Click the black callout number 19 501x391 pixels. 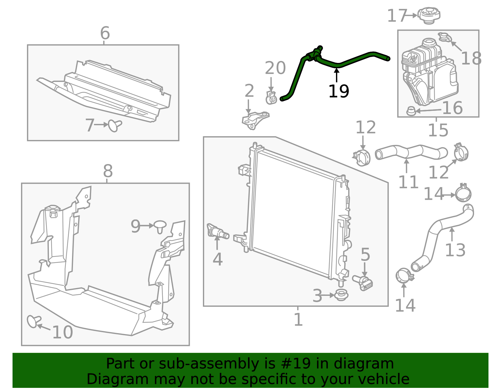pos(338,91)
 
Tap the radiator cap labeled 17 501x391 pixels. pos(429,15)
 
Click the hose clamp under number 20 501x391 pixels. pos(271,98)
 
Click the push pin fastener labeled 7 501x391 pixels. pos(115,126)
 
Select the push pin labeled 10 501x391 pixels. pos(34,321)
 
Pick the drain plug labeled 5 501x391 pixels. pos(362,283)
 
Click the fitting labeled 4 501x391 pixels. pos(218,231)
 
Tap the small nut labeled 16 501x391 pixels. pos(411,111)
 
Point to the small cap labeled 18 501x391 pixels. pos(445,37)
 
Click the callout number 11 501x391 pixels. pos(408,182)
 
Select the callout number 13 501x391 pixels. pos(455,250)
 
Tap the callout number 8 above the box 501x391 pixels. pos(108,171)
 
